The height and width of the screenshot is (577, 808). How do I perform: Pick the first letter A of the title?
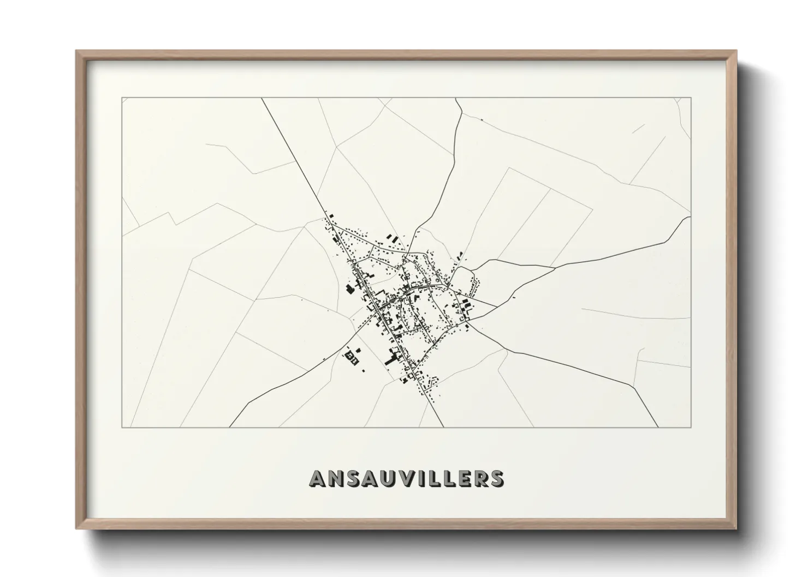318,478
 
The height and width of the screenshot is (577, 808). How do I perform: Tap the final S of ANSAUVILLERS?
497,478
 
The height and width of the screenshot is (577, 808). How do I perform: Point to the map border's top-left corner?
122,98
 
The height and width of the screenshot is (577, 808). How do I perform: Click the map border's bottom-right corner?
691,427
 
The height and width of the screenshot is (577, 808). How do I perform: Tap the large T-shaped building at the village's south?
392,358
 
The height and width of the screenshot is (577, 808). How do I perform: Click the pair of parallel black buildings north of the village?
391,238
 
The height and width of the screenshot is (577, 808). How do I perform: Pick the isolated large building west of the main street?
349,288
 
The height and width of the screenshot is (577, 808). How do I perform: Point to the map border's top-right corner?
691,98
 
